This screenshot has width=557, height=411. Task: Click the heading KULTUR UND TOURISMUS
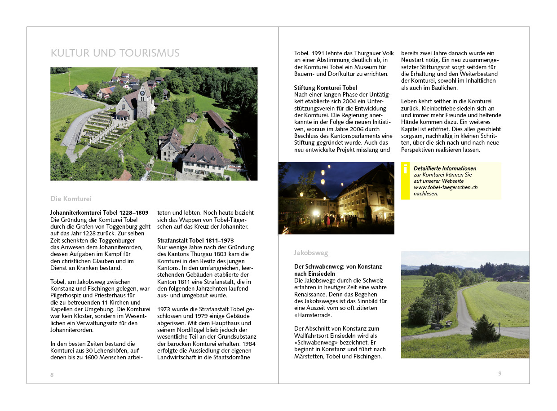[115, 53]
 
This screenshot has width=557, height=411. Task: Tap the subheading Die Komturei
[71, 199]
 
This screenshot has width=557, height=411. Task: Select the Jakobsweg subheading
[311, 253]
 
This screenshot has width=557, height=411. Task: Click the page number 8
[52, 375]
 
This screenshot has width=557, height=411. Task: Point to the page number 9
[500, 373]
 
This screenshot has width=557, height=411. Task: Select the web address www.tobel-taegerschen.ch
[445, 187]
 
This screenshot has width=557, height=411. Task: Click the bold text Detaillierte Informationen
[445, 168]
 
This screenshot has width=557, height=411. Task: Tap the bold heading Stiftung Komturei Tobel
[325, 88]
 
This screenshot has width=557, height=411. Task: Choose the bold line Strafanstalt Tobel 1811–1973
[195, 240]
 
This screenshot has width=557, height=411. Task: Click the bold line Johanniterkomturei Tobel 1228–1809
[99, 212]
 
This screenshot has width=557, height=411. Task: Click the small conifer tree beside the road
[485, 329]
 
